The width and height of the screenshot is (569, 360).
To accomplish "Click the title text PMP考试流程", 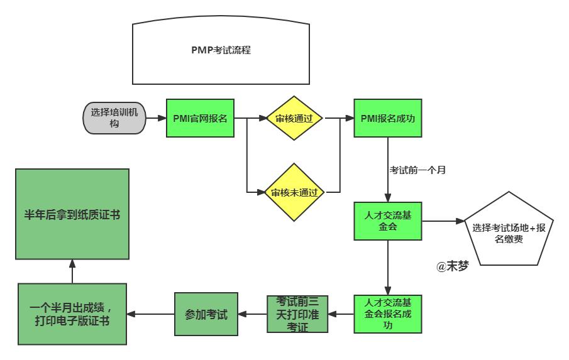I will pyautogui.click(x=221, y=50).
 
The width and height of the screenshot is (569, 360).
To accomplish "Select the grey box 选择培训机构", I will pyautogui.click(x=114, y=117).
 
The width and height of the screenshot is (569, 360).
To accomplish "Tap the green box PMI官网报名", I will pyautogui.click(x=200, y=117).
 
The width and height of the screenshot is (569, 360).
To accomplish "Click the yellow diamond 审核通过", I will pyautogui.click(x=294, y=117).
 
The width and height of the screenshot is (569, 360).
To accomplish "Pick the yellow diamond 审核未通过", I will pyautogui.click(x=294, y=192).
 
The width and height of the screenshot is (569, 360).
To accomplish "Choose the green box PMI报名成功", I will pyautogui.click(x=387, y=117).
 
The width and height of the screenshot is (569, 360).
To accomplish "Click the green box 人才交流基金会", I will pyautogui.click(x=387, y=221).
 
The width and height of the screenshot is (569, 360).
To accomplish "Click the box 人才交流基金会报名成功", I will pyautogui.click(x=387, y=314).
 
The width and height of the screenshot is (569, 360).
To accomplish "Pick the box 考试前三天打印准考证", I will pyautogui.click(x=297, y=314).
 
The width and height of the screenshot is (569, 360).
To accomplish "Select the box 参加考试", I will pyautogui.click(x=206, y=314).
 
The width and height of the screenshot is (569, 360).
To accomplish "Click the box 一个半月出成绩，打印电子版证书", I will pyautogui.click(x=72, y=314).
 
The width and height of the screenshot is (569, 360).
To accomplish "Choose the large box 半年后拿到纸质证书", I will pyautogui.click(x=72, y=215).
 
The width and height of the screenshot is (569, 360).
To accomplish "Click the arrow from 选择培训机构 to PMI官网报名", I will pyautogui.click(x=155, y=117).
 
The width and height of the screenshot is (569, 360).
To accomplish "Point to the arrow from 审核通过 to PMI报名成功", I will pyautogui.click(x=338, y=117).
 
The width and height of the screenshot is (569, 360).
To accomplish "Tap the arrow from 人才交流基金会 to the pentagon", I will pyautogui.click(x=443, y=221).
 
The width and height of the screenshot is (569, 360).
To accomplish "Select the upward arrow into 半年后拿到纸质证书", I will pyautogui.click(x=72, y=272).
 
